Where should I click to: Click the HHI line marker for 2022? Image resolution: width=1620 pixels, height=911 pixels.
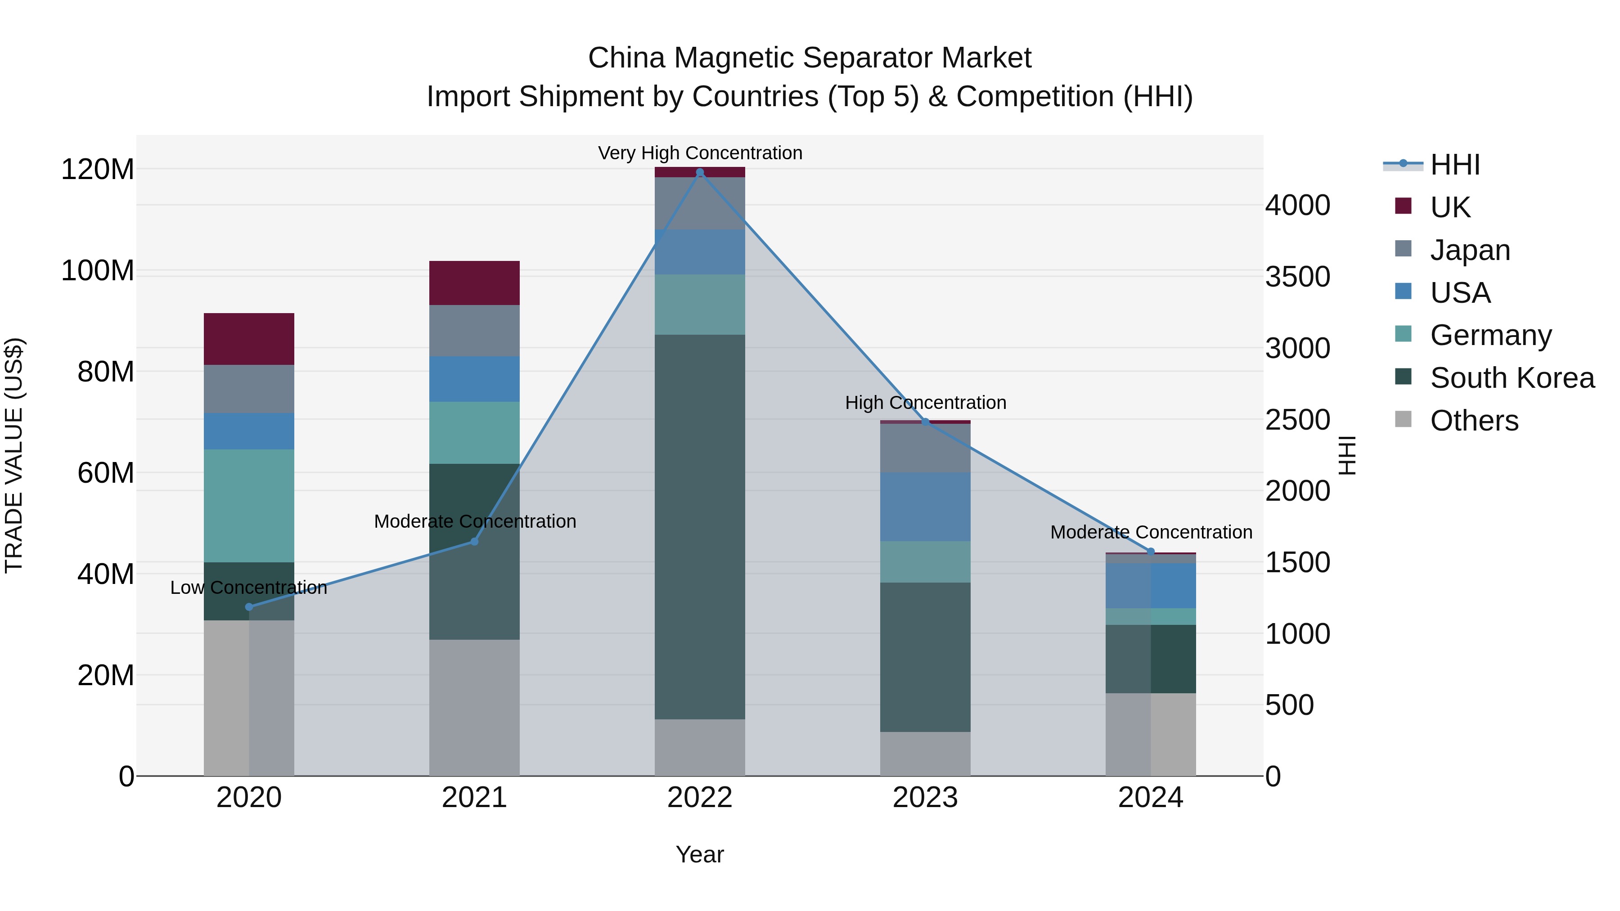700,172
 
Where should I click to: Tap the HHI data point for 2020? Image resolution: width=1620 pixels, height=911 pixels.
249,607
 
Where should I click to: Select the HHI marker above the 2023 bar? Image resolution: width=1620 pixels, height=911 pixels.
925,422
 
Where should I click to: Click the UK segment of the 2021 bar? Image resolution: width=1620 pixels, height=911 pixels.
474,283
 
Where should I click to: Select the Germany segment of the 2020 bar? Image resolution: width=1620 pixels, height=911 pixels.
249,506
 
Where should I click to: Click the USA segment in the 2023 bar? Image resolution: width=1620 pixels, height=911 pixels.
925,507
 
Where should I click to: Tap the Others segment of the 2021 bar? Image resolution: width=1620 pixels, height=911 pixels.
474,707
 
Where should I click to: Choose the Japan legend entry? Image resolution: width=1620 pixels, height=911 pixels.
1470,250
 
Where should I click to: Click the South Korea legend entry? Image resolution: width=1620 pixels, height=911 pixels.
1512,378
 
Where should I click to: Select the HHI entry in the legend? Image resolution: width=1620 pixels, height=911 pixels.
1454,165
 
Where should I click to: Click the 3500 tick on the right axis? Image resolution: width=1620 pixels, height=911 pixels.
1297,277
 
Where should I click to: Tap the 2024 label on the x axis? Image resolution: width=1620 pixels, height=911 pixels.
1150,798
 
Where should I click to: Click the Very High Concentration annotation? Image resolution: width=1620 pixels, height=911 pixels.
700,153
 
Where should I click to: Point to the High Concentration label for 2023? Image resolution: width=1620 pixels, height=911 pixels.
925,402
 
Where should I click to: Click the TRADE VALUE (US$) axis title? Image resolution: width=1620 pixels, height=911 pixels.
14,455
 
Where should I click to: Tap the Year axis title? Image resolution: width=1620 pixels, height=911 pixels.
699,854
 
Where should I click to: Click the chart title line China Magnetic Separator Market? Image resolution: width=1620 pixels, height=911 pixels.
810,58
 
